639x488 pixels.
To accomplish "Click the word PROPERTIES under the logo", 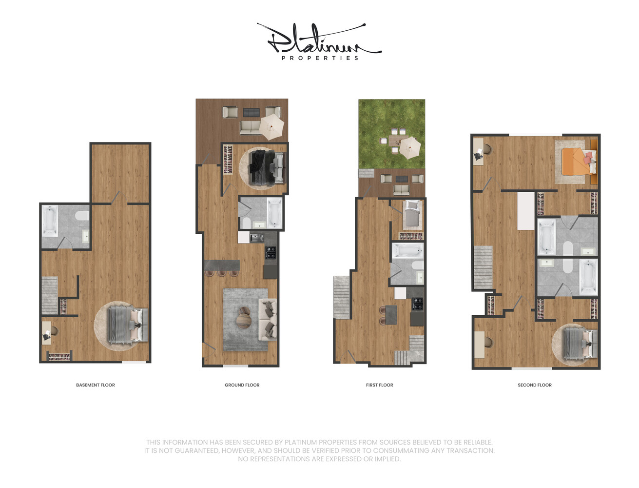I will click(x=320, y=58).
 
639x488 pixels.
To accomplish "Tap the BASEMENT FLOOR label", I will click(x=96, y=385).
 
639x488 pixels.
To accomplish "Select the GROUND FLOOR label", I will click(x=242, y=385).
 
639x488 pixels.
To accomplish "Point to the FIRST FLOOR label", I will click(x=379, y=385).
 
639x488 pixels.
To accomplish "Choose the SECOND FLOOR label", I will click(x=534, y=385).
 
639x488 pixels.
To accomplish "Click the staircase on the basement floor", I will click(x=50, y=295).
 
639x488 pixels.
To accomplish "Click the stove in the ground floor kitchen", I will click(x=271, y=252).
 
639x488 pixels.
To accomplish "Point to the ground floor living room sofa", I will click(x=268, y=320).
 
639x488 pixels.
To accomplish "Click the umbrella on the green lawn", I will click(x=410, y=147).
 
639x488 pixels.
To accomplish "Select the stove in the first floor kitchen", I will click(x=418, y=304).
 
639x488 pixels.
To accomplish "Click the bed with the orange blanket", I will click(x=578, y=162).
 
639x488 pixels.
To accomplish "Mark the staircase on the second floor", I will click(x=483, y=267).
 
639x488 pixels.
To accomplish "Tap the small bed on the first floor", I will click(x=412, y=215).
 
